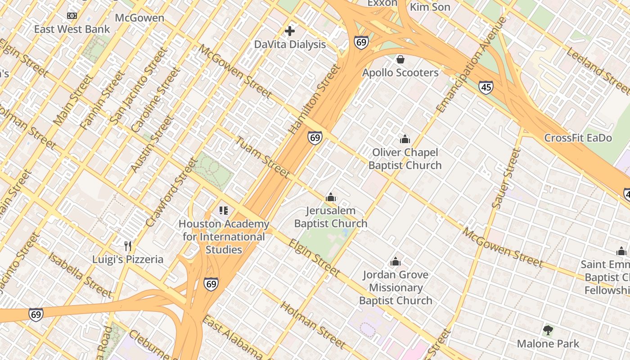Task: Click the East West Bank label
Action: click(x=72, y=29)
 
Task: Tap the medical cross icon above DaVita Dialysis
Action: click(x=290, y=31)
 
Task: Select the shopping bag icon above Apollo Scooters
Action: click(x=400, y=59)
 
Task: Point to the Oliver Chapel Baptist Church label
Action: click(x=405, y=159)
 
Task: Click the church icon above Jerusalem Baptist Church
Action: click(x=331, y=197)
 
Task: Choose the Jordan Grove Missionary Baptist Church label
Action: click(x=395, y=288)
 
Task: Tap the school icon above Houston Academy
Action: click(x=224, y=211)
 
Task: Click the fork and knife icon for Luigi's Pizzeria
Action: click(x=128, y=246)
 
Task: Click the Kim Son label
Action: click(x=430, y=7)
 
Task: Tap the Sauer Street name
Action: click(x=506, y=179)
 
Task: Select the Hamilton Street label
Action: click(x=315, y=99)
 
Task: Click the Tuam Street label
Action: click(x=263, y=157)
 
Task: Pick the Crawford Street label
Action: click(x=171, y=193)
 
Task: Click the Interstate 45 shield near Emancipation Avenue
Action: click(x=486, y=87)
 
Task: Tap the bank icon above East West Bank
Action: click(x=72, y=16)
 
